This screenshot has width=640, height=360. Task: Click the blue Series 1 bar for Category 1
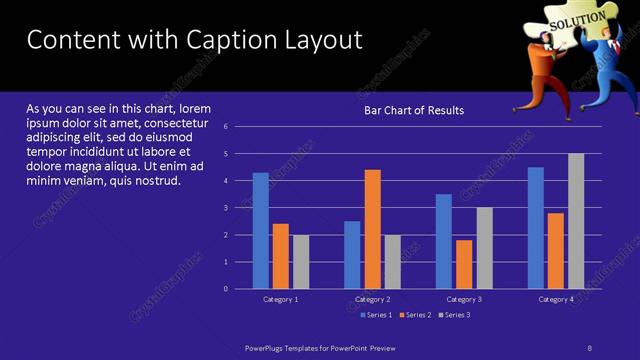coord(260,230)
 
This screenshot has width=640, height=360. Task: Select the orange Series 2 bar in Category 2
coord(372,228)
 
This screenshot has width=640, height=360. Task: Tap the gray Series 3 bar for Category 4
coord(576,220)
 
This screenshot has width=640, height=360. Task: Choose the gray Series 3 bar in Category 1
coord(300,262)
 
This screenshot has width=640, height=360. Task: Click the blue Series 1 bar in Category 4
coord(536,227)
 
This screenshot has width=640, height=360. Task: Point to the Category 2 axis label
coord(372,299)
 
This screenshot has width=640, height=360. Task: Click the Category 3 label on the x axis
coord(464,299)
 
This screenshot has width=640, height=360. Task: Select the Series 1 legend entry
coord(375,315)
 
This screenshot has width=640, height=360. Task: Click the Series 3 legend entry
coord(454,315)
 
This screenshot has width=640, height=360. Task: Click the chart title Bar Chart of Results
coord(413,110)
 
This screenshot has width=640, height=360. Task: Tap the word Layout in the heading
coord(325,41)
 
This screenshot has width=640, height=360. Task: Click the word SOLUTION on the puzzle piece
coord(576,19)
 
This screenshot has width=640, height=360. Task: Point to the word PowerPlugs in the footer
coord(266,348)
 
